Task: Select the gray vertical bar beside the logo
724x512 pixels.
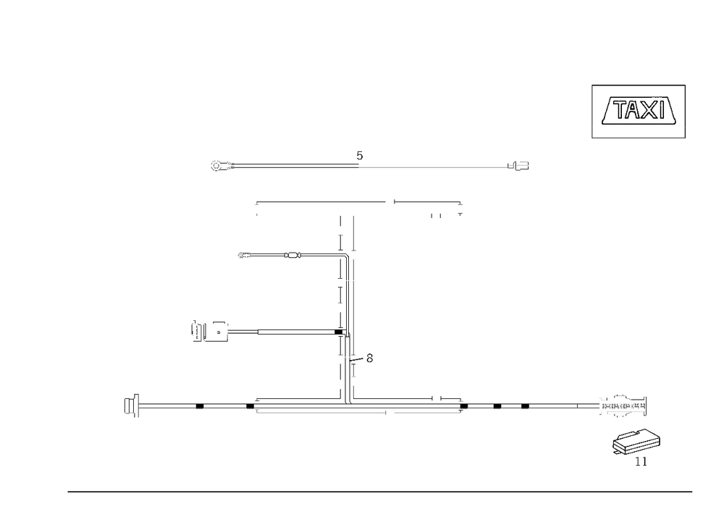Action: click(685, 112)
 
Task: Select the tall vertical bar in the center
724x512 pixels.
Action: click(353, 304)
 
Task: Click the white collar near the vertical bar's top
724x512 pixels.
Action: click(353, 257)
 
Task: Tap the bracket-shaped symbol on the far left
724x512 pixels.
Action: click(198, 332)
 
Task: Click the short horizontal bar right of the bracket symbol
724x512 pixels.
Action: click(242, 333)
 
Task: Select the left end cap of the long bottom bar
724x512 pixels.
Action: click(131, 406)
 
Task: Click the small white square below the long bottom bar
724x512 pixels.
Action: click(393, 413)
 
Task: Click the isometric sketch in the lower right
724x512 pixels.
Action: click(637, 443)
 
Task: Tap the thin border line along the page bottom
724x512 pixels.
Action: click(380, 491)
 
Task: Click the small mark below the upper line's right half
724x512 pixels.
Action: click(460, 211)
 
